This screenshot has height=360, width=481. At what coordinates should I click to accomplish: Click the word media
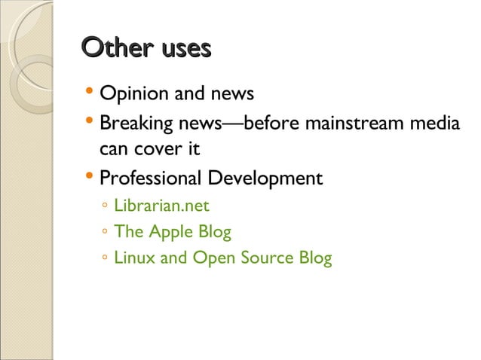coord(435,122)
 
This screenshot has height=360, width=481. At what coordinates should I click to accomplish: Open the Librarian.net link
coord(161,206)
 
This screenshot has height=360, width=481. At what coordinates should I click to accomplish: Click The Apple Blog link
coord(172,232)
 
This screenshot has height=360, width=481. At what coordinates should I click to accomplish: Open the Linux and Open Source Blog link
coord(222,258)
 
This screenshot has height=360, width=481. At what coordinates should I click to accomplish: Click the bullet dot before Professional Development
coord(90,178)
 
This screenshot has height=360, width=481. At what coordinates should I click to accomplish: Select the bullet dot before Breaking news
coord(90,121)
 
